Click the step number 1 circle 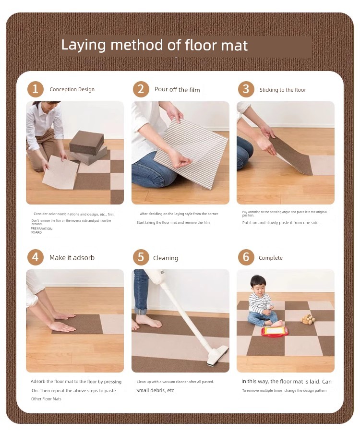[36, 89]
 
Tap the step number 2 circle [141, 89]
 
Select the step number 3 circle [246, 89]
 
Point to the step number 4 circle [36, 257]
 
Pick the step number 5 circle [141, 257]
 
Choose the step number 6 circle [246, 257]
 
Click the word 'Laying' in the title [83, 46]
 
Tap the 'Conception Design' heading [72, 89]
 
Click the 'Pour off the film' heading [177, 89]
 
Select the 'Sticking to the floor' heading [283, 90]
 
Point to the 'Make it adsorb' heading [72, 258]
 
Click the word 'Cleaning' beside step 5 [166, 258]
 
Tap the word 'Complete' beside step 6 [271, 258]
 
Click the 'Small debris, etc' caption [155, 390]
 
